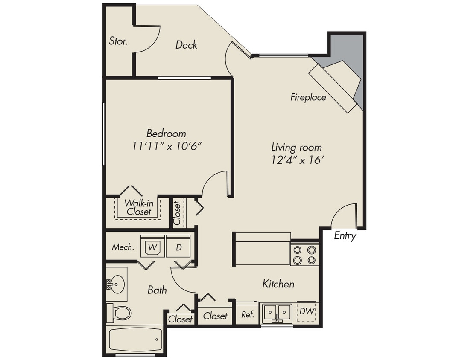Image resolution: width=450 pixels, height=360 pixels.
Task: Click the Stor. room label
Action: [x=118, y=41]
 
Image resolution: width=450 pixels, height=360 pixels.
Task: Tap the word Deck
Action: [x=186, y=45]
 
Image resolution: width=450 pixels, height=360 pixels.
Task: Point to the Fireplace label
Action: [x=308, y=97]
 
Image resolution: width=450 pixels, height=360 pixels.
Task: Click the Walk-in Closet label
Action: [x=138, y=207]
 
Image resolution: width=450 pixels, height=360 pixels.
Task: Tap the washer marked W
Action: [x=152, y=247]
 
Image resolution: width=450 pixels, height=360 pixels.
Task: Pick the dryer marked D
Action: [x=178, y=247]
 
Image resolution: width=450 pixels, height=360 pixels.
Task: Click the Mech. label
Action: [x=123, y=247]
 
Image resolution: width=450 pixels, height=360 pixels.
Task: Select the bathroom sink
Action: [x=117, y=283]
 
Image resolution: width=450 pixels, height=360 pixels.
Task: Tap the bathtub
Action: [x=135, y=340]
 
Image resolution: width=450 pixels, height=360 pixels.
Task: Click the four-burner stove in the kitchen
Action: [x=305, y=255]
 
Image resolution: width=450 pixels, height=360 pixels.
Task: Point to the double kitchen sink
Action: [x=277, y=314]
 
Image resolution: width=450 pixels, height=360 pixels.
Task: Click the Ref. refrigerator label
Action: [x=248, y=314]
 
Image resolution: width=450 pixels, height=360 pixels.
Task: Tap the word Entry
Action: [x=345, y=236]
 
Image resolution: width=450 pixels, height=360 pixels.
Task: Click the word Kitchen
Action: [x=278, y=284]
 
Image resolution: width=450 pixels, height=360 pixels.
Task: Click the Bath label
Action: [x=157, y=290]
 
